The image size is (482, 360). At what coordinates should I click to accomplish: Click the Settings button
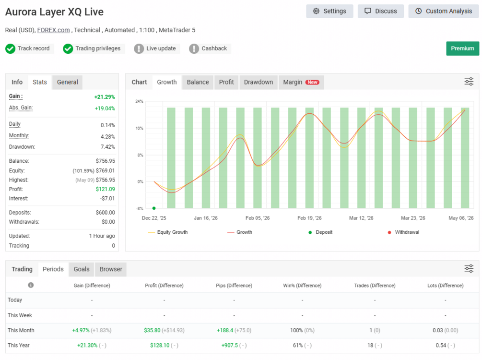329,11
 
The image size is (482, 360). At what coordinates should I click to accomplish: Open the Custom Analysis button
444,11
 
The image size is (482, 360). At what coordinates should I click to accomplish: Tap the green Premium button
462,48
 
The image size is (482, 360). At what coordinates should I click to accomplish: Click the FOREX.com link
54,30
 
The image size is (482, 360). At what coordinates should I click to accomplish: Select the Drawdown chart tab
259,82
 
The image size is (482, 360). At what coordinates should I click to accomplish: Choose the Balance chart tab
198,82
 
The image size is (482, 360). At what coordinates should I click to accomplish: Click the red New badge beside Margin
312,82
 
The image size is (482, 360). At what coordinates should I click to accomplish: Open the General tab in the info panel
67,82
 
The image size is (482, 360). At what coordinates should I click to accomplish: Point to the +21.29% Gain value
105,97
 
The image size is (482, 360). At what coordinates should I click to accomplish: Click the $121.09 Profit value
105,189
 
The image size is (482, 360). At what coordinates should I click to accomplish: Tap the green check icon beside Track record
11,48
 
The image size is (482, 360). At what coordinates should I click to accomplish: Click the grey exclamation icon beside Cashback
194,48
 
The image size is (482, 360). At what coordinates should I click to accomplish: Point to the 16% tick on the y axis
139,128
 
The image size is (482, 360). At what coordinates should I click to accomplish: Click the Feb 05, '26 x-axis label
258,218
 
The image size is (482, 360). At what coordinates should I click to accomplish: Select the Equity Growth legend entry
168,232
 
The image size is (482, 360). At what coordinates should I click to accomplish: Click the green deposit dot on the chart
154,208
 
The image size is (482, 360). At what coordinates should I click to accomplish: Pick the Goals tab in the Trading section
82,269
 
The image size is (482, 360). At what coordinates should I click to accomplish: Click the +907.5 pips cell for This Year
230,346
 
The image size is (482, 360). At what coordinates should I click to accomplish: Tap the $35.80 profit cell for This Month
152,330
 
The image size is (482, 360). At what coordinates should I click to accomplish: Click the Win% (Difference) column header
302,286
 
